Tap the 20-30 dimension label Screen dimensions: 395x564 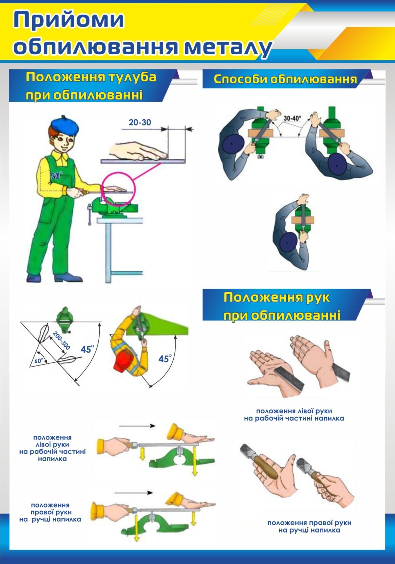140,122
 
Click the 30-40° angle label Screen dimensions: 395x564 292,118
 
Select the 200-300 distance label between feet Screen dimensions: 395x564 61,340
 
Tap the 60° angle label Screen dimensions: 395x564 39,361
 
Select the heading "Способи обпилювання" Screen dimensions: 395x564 285,79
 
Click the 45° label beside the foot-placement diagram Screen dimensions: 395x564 87,349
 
